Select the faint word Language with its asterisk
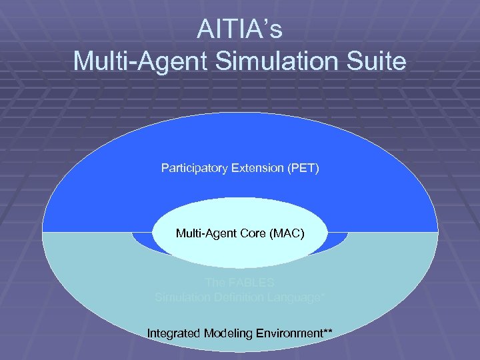point(299,297)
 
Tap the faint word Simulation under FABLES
point(185,297)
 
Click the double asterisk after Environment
point(327,330)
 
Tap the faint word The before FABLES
point(216,283)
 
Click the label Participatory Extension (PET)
point(240,168)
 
